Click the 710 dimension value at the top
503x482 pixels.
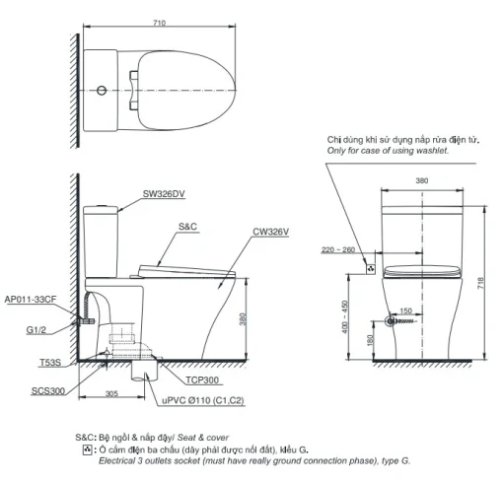(x=159, y=23)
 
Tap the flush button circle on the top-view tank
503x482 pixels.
(x=102, y=90)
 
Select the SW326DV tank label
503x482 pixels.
(x=164, y=194)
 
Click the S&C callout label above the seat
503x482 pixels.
(x=187, y=227)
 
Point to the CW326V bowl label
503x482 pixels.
(x=271, y=232)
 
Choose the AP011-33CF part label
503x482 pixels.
(x=31, y=300)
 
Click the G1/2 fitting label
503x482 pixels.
(x=36, y=330)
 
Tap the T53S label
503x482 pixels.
(x=50, y=363)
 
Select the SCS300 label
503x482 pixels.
(x=48, y=391)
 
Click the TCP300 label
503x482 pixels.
(x=202, y=380)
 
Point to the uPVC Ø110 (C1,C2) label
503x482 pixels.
(x=203, y=400)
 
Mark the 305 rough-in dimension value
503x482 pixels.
(x=111, y=393)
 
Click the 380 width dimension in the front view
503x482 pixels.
(x=422, y=180)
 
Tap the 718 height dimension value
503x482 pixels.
(x=481, y=283)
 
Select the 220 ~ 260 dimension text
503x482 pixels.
(x=338, y=250)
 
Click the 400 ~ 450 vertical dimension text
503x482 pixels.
(x=345, y=316)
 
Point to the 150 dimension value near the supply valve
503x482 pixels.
(x=405, y=310)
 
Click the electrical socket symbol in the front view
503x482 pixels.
(x=371, y=269)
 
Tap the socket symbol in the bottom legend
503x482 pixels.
(x=87, y=449)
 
